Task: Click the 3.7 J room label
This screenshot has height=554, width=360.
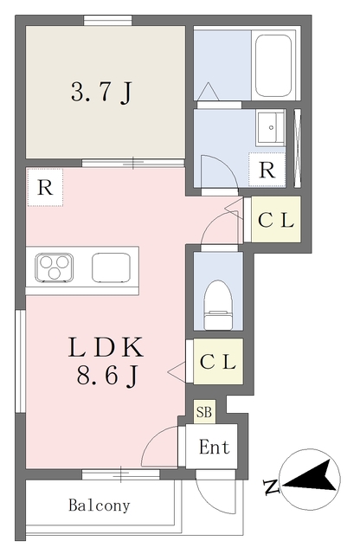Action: point(101,93)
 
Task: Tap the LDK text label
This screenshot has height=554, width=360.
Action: point(106,347)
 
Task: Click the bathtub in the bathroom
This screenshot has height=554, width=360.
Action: point(273,66)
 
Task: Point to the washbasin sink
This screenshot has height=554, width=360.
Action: point(271,127)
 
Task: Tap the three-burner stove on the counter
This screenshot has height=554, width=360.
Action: point(54,267)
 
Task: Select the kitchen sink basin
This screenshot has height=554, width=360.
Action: point(111,267)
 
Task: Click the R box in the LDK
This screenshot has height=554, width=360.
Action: point(45,187)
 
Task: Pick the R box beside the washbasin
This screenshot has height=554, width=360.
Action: point(267,170)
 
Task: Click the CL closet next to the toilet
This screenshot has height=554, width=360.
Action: point(218,361)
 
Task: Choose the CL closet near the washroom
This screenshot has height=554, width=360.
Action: point(276,220)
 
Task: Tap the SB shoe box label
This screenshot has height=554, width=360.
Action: point(204,412)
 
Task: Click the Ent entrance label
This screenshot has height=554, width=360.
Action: point(215,447)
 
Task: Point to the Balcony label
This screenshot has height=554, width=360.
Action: point(100,506)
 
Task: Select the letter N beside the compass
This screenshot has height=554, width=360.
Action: point(272,487)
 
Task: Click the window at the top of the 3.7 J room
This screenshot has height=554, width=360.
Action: point(108,20)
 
